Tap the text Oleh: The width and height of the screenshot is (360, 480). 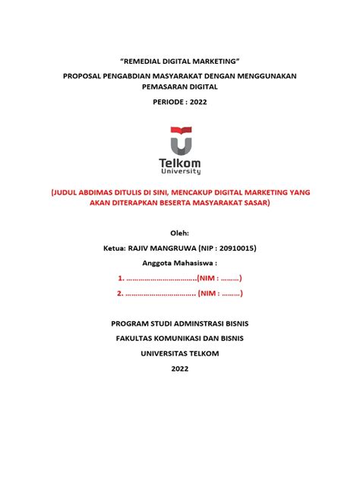[x=180, y=232]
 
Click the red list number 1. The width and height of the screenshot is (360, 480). [x=120, y=279]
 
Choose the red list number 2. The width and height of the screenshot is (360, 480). [x=120, y=293]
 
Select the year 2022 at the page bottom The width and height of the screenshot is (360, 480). [x=180, y=368]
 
